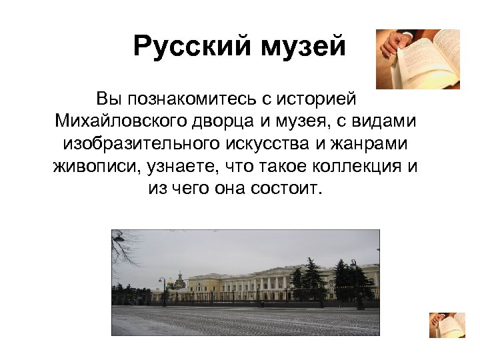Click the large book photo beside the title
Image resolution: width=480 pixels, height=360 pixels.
click(418, 59)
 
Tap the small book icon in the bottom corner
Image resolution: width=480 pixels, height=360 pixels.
click(447, 325)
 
